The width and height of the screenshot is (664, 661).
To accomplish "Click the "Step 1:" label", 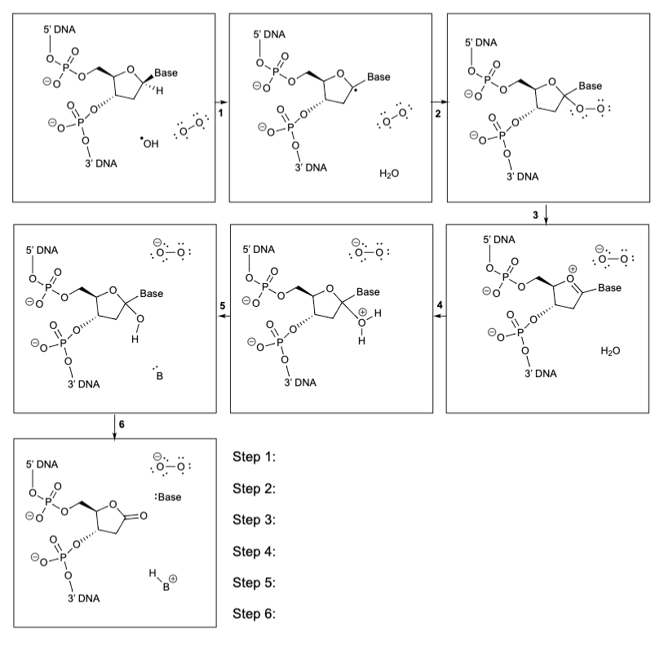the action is (x=254, y=457).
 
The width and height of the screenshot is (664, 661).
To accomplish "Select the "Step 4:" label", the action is (x=254, y=552).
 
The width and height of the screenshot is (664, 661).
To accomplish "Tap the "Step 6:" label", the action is (x=254, y=614).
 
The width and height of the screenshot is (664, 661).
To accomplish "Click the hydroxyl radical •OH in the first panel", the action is (x=149, y=144).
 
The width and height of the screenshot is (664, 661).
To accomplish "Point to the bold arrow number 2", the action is (x=438, y=113).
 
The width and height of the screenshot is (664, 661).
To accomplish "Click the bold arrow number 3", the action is (x=535, y=215).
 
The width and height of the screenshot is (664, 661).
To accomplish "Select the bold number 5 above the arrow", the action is (x=223, y=305).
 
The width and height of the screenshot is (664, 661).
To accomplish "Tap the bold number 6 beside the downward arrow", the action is (x=122, y=424).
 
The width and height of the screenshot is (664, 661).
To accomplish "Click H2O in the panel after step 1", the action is (x=389, y=173).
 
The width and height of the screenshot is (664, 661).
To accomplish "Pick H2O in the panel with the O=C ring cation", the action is (x=610, y=350).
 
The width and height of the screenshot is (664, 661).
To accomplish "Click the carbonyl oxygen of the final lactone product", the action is (x=144, y=516).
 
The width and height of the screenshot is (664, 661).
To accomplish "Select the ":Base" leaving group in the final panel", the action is (x=168, y=497).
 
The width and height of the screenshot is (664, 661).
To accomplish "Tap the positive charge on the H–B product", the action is (x=173, y=579).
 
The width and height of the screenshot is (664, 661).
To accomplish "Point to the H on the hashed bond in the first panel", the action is (x=159, y=91).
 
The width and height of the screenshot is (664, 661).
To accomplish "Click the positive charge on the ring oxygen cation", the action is (x=573, y=268).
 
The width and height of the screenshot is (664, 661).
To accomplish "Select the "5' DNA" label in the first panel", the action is (x=60, y=29).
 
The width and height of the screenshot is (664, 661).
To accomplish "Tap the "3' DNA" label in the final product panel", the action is (x=84, y=598).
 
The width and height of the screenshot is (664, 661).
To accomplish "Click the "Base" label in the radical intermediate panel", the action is (x=378, y=77).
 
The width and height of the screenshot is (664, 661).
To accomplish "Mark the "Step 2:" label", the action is (x=254, y=489).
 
